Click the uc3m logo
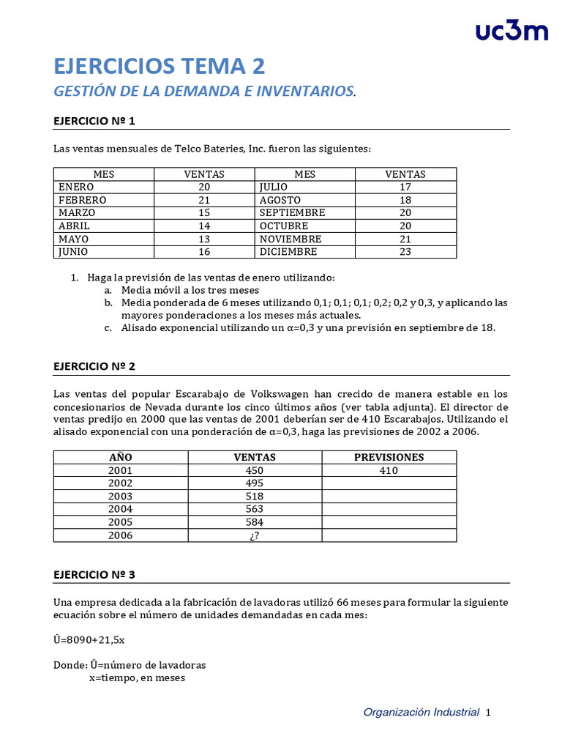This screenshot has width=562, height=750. click(511, 31)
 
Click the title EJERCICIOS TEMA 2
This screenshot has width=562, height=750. click(159, 67)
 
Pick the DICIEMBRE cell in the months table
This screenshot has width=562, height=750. click(288, 252)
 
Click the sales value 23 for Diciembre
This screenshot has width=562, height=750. click(405, 252)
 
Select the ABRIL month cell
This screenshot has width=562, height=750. click(73, 226)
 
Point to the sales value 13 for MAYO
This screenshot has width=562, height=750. click(203, 239)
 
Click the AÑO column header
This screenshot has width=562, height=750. click(120, 457)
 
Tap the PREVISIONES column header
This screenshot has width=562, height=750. click(389, 457)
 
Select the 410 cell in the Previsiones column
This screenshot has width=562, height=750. click(389, 470)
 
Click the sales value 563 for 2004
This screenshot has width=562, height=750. click(254, 509)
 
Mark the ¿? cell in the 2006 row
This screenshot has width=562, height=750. click(254, 535)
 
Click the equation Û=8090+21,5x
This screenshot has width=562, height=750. click(89, 639)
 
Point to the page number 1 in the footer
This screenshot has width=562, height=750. click(488, 712)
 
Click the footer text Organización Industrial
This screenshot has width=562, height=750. click(421, 712)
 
